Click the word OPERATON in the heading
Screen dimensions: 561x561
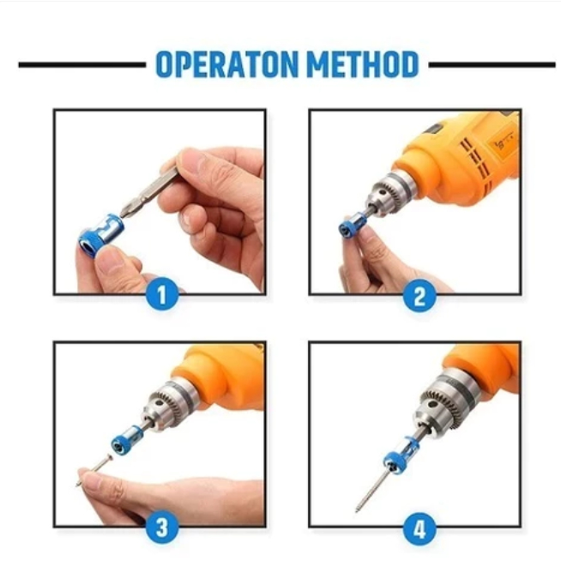tap(226, 64)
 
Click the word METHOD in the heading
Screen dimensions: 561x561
tap(363, 64)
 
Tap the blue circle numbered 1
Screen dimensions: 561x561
tap(162, 294)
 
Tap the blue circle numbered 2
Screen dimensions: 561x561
tap(419, 296)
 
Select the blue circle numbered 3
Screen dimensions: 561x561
tap(162, 528)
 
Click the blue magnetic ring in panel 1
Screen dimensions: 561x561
tap(101, 235)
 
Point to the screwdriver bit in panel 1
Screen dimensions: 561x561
tap(149, 192)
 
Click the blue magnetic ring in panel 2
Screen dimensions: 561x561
tap(353, 224)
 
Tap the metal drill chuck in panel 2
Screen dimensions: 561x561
tap(390, 192)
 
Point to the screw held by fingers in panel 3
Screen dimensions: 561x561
tap(94, 469)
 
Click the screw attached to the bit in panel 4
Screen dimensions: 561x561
tap(371, 490)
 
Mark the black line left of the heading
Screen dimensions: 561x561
tap(82, 64)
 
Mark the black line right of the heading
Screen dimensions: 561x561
tap(492, 64)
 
